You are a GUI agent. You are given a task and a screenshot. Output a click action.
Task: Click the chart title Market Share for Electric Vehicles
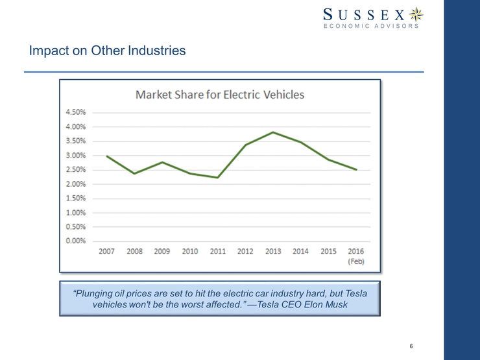219,95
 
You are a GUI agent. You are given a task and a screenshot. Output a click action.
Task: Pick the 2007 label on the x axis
106,252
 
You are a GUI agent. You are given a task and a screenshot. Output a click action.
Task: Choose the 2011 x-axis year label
217,252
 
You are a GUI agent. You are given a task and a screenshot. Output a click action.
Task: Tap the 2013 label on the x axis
273,252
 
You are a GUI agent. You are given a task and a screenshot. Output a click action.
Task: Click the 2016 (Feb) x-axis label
355,256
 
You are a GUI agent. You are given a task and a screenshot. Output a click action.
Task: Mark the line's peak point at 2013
273,132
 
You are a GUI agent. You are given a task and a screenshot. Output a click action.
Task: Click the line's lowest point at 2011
217,177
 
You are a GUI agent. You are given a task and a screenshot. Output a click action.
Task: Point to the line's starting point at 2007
106,156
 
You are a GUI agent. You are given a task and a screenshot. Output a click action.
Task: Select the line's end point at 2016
356,169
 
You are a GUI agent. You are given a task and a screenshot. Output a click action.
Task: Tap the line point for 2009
162,162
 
